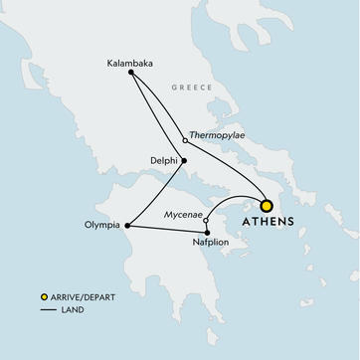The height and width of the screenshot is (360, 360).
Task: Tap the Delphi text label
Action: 162,160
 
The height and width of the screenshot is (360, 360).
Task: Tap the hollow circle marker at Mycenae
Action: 205,221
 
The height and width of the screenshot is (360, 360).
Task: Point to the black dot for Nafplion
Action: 207,232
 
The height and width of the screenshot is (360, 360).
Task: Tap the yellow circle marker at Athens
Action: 267,203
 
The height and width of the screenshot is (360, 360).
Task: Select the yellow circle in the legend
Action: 43,297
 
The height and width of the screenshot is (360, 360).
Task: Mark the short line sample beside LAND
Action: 44,309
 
